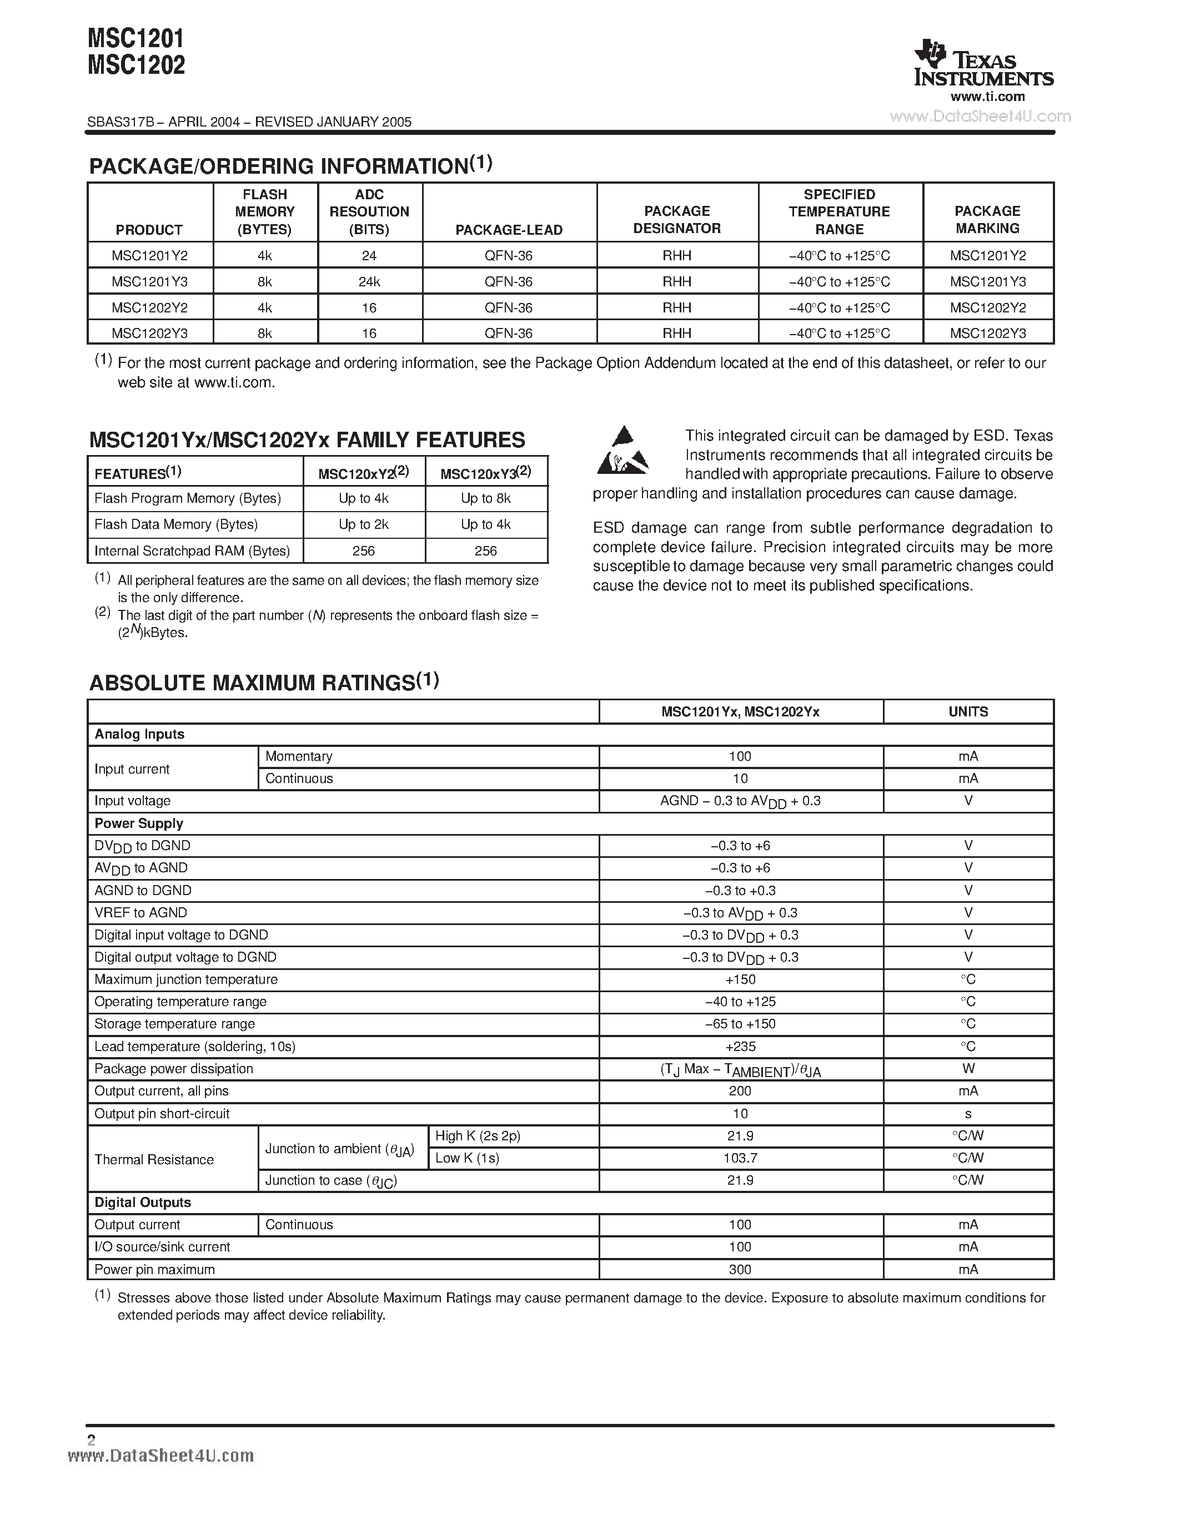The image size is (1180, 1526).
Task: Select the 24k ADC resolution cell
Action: click(x=369, y=281)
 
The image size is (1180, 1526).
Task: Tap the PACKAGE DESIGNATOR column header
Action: click(x=677, y=219)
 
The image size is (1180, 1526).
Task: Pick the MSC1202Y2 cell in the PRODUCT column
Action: click(x=149, y=307)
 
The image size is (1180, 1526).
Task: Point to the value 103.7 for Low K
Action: click(x=740, y=1158)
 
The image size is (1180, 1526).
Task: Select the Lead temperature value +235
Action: click(x=740, y=1046)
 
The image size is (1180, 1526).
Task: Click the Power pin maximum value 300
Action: click(x=740, y=1269)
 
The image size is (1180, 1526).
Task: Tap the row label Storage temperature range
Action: click(x=175, y=1024)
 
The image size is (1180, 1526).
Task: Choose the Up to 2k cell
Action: click(x=364, y=524)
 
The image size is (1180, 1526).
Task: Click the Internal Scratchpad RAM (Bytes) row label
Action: click(x=192, y=550)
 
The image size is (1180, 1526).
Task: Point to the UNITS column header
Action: click(x=968, y=711)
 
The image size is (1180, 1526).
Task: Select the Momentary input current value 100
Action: click(x=740, y=756)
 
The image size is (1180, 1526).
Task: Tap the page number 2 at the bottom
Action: click(x=91, y=1439)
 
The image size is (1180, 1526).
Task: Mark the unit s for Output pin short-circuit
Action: click(x=968, y=1114)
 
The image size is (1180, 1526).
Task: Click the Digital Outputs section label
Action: click(x=143, y=1202)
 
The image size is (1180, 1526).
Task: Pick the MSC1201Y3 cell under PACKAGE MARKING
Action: click(x=988, y=281)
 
